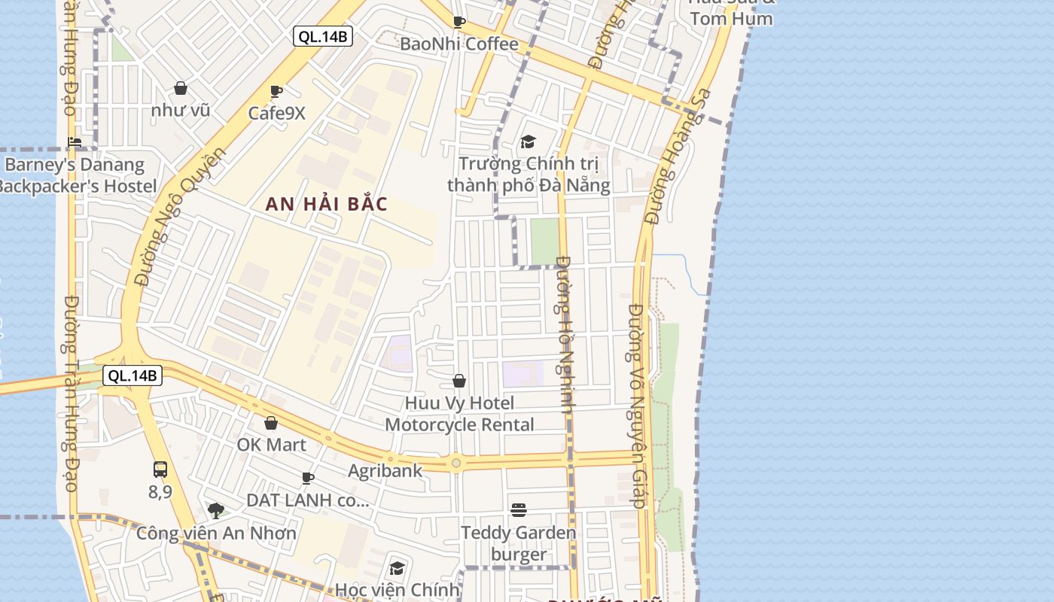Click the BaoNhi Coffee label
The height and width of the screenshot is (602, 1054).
click(458, 44)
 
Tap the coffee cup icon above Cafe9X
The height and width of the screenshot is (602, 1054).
click(276, 92)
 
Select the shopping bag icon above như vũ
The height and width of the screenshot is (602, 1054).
click(181, 88)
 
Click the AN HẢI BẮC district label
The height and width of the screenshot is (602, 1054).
click(327, 204)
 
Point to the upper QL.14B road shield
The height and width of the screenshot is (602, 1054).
click(323, 36)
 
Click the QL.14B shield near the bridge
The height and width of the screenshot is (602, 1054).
click(133, 375)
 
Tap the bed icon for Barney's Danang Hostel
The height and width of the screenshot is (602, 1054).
click(75, 141)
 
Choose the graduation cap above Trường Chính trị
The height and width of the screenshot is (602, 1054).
click(528, 141)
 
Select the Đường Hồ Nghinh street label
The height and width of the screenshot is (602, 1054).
click(566, 334)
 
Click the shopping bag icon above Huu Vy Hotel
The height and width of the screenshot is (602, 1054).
click(459, 381)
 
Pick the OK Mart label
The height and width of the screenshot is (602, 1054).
click(271, 445)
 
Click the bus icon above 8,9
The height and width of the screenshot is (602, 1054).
click(160, 470)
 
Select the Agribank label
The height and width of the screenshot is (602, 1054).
click(385, 471)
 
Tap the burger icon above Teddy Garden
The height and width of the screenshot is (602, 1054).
click(519, 510)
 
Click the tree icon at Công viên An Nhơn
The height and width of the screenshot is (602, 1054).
click(216, 511)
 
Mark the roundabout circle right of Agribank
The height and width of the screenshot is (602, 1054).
click(455, 463)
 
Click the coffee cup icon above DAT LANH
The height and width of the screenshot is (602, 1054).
click(307, 478)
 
